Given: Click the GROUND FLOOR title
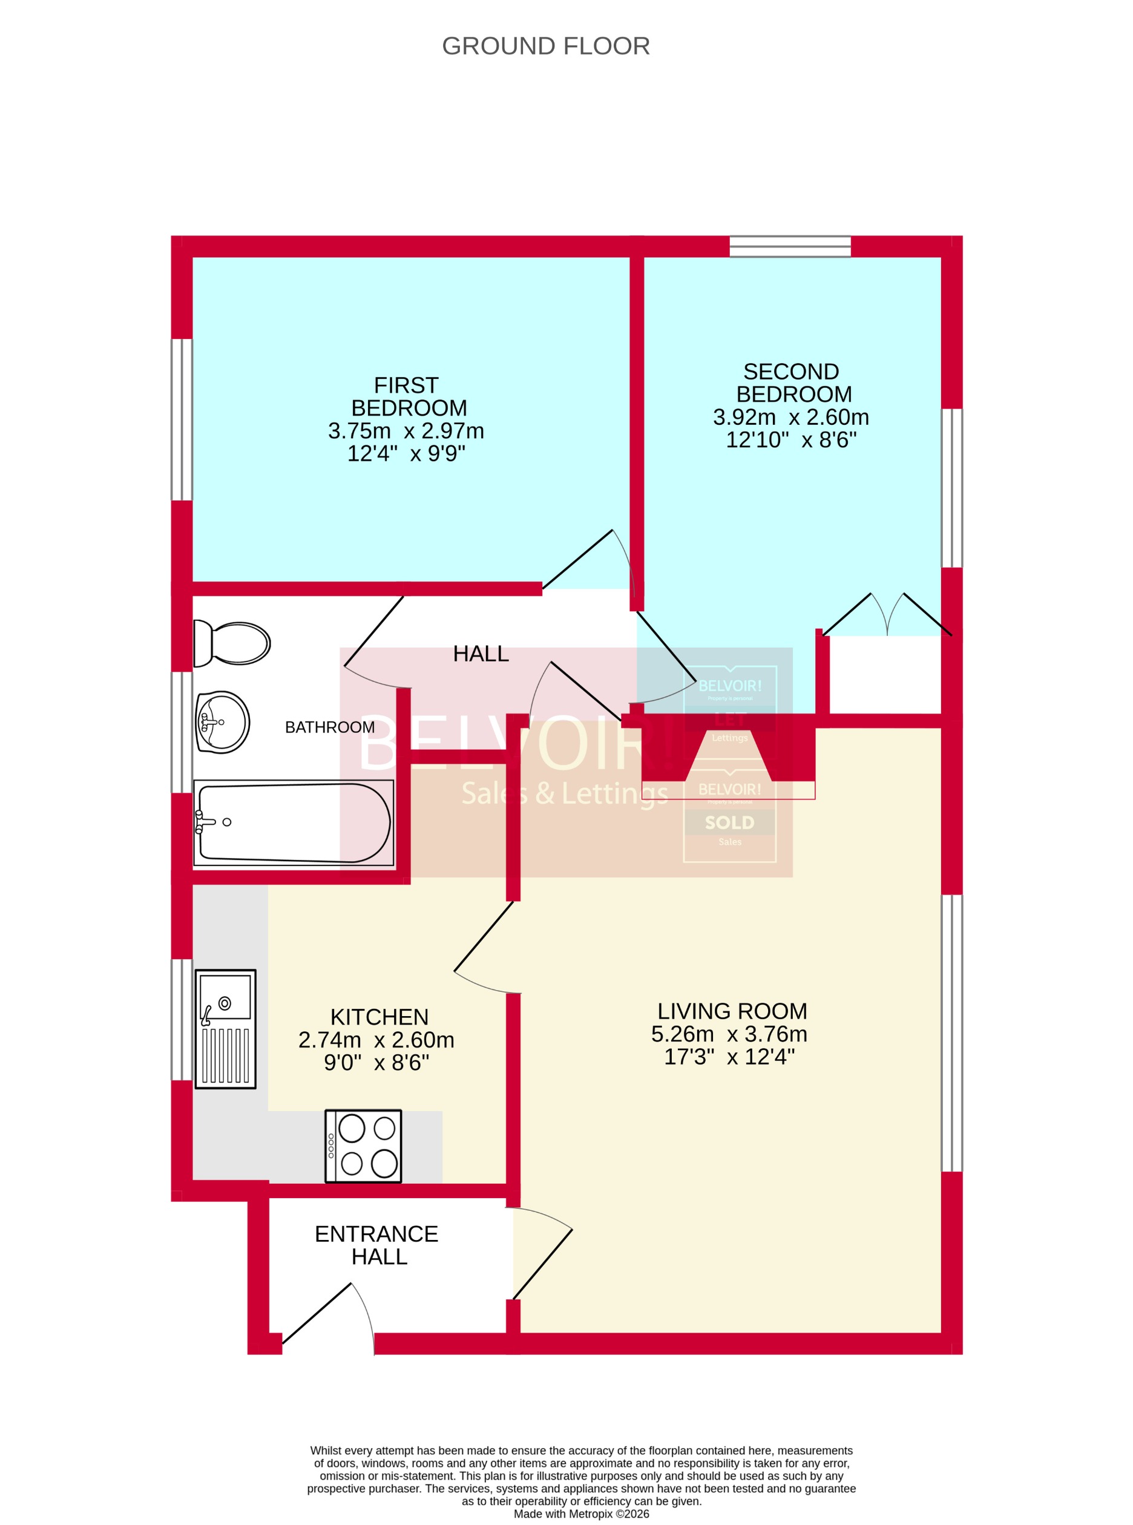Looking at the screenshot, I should click(x=545, y=46).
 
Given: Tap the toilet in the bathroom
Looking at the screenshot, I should click(x=232, y=643).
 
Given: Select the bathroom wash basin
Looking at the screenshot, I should click(x=222, y=722).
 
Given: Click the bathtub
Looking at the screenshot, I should click(x=294, y=822).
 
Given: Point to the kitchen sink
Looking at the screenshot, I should click(x=226, y=1028).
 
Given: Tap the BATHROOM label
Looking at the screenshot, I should click(x=330, y=727).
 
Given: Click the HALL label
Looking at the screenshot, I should click(x=481, y=654).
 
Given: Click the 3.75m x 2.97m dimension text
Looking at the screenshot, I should click(x=406, y=431).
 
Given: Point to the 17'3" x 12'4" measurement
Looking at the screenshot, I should click(x=729, y=1057).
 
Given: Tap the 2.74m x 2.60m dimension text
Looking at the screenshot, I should click(x=376, y=1040).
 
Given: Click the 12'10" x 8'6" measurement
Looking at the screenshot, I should click(x=791, y=440).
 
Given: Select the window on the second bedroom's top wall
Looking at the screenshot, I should click(x=790, y=246).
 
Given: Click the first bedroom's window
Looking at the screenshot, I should click(x=182, y=419).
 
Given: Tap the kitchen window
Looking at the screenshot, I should click(x=182, y=1020).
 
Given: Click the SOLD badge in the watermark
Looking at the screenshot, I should click(x=730, y=823).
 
